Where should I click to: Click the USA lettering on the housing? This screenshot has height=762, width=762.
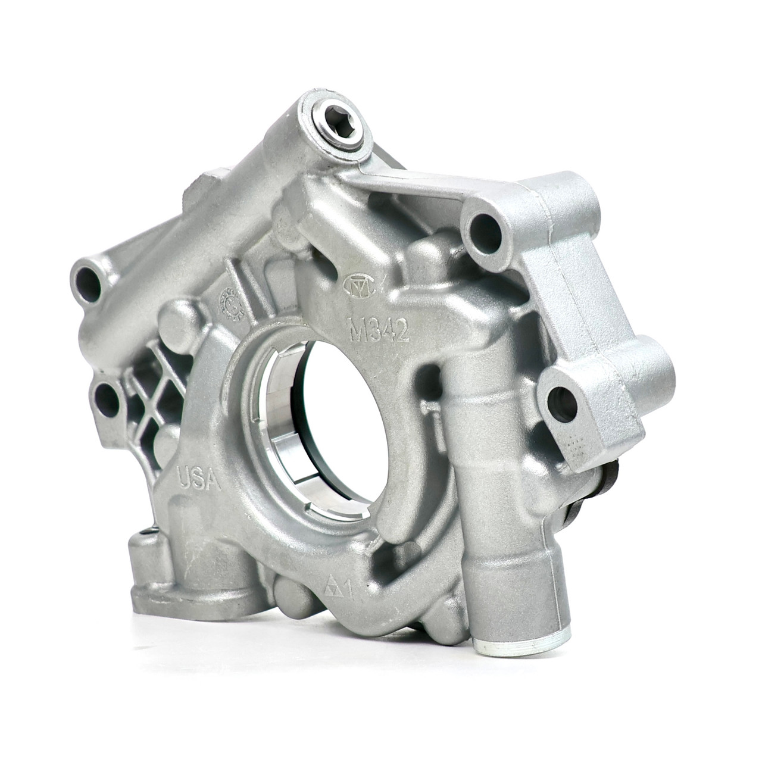(199, 478)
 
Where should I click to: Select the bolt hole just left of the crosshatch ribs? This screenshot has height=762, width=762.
(108, 398)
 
